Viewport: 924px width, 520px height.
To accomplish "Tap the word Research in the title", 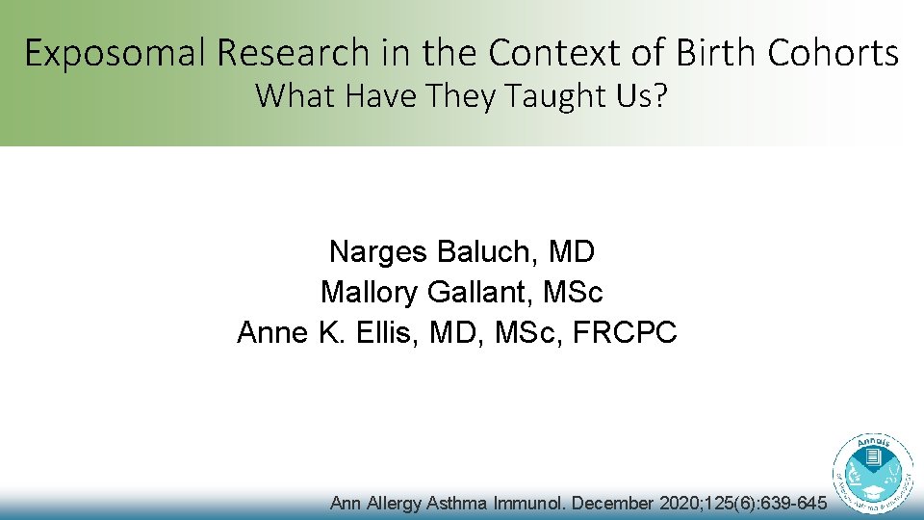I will tap(288, 53).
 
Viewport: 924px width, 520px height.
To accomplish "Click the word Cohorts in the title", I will tap(834, 53).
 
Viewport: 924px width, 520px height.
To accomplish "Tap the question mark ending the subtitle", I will tap(658, 96).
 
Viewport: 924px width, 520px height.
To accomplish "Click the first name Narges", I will tap(379, 252).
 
